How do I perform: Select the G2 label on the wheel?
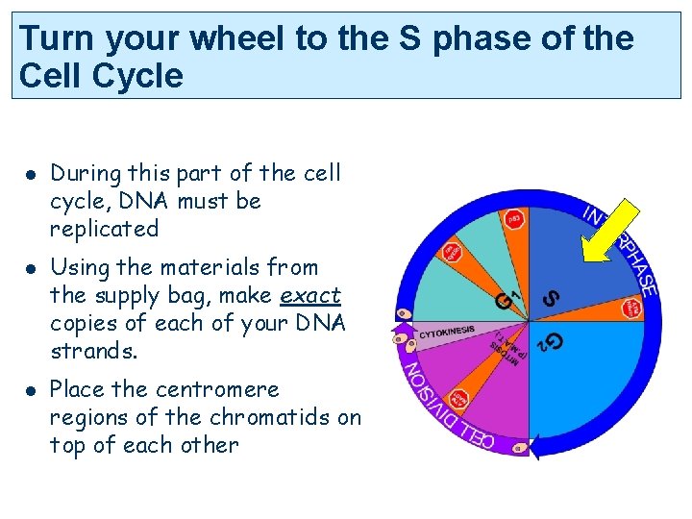[x=550, y=341]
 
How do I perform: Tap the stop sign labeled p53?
[x=514, y=219]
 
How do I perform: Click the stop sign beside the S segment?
[x=631, y=309]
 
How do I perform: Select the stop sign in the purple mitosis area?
[x=460, y=399]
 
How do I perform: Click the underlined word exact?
[x=309, y=295]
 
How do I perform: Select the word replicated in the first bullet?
[x=104, y=229]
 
